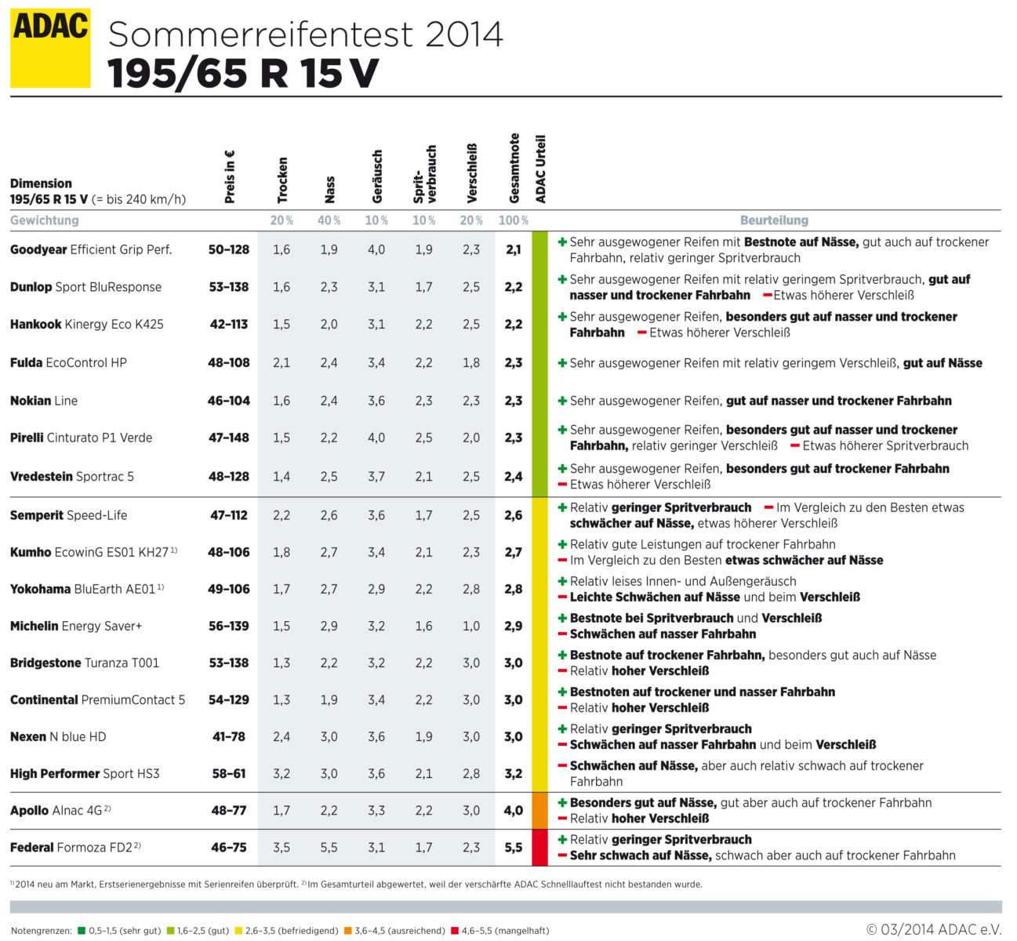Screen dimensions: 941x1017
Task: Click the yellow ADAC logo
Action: (50, 48)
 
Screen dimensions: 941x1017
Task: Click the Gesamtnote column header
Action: (514, 169)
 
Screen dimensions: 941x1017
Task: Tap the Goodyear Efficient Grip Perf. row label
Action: (91, 249)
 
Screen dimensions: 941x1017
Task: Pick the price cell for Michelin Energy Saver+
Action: (229, 626)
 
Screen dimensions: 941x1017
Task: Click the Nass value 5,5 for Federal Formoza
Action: (329, 847)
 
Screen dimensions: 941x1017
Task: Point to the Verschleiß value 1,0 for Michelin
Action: (470, 626)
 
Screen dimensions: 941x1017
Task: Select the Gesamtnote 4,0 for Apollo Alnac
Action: (514, 810)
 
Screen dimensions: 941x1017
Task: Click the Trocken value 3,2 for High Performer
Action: (281, 773)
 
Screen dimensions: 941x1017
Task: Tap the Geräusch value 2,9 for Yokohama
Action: (376, 589)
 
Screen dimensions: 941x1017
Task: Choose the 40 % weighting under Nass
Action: (329, 220)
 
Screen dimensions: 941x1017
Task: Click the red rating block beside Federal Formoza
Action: (539, 848)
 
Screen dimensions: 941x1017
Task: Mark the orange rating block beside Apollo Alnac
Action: (539, 811)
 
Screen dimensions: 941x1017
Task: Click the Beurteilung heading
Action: (774, 220)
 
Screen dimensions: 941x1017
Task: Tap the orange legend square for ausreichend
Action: (347, 931)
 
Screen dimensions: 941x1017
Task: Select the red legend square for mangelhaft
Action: (455, 931)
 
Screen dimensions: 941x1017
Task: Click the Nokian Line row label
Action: (44, 401)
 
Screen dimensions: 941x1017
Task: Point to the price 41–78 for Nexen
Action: (229, 736)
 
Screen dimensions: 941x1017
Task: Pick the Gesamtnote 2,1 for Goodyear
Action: (514, 249)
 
